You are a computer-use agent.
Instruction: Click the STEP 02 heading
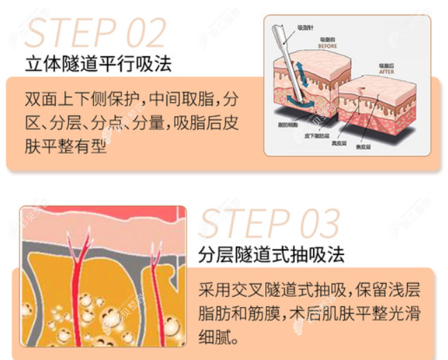95,32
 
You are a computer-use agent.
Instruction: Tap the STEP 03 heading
269,223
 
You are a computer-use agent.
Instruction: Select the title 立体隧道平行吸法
97,65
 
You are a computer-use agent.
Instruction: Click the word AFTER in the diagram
387,71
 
